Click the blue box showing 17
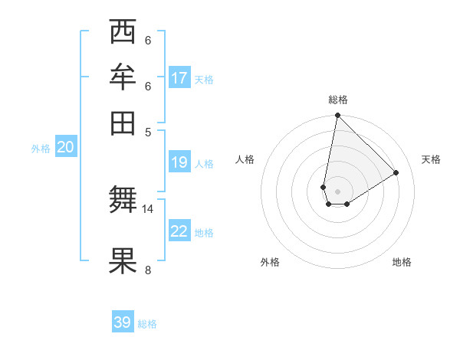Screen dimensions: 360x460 tap(179, 78)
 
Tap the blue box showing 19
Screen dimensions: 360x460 tap(179, 162)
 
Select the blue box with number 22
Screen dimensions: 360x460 tap(179, 231)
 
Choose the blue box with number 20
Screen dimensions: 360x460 tap(65, 148)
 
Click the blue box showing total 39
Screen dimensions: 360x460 tap(123, 322)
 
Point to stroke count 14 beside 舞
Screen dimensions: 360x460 tap(148, 208)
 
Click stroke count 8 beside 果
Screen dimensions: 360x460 tap(148, 269)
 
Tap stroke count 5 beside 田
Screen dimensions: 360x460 tap(148, 131)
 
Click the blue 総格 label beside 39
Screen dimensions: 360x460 tap(148, 324)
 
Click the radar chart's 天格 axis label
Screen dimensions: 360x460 tap(431, 159)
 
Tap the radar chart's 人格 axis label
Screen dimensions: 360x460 tap(245, 159)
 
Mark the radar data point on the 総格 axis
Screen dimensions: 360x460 tap(337, 116)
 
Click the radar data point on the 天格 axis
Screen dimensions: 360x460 tap(396, 173)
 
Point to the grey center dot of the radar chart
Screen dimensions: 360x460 tap(337, 191)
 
